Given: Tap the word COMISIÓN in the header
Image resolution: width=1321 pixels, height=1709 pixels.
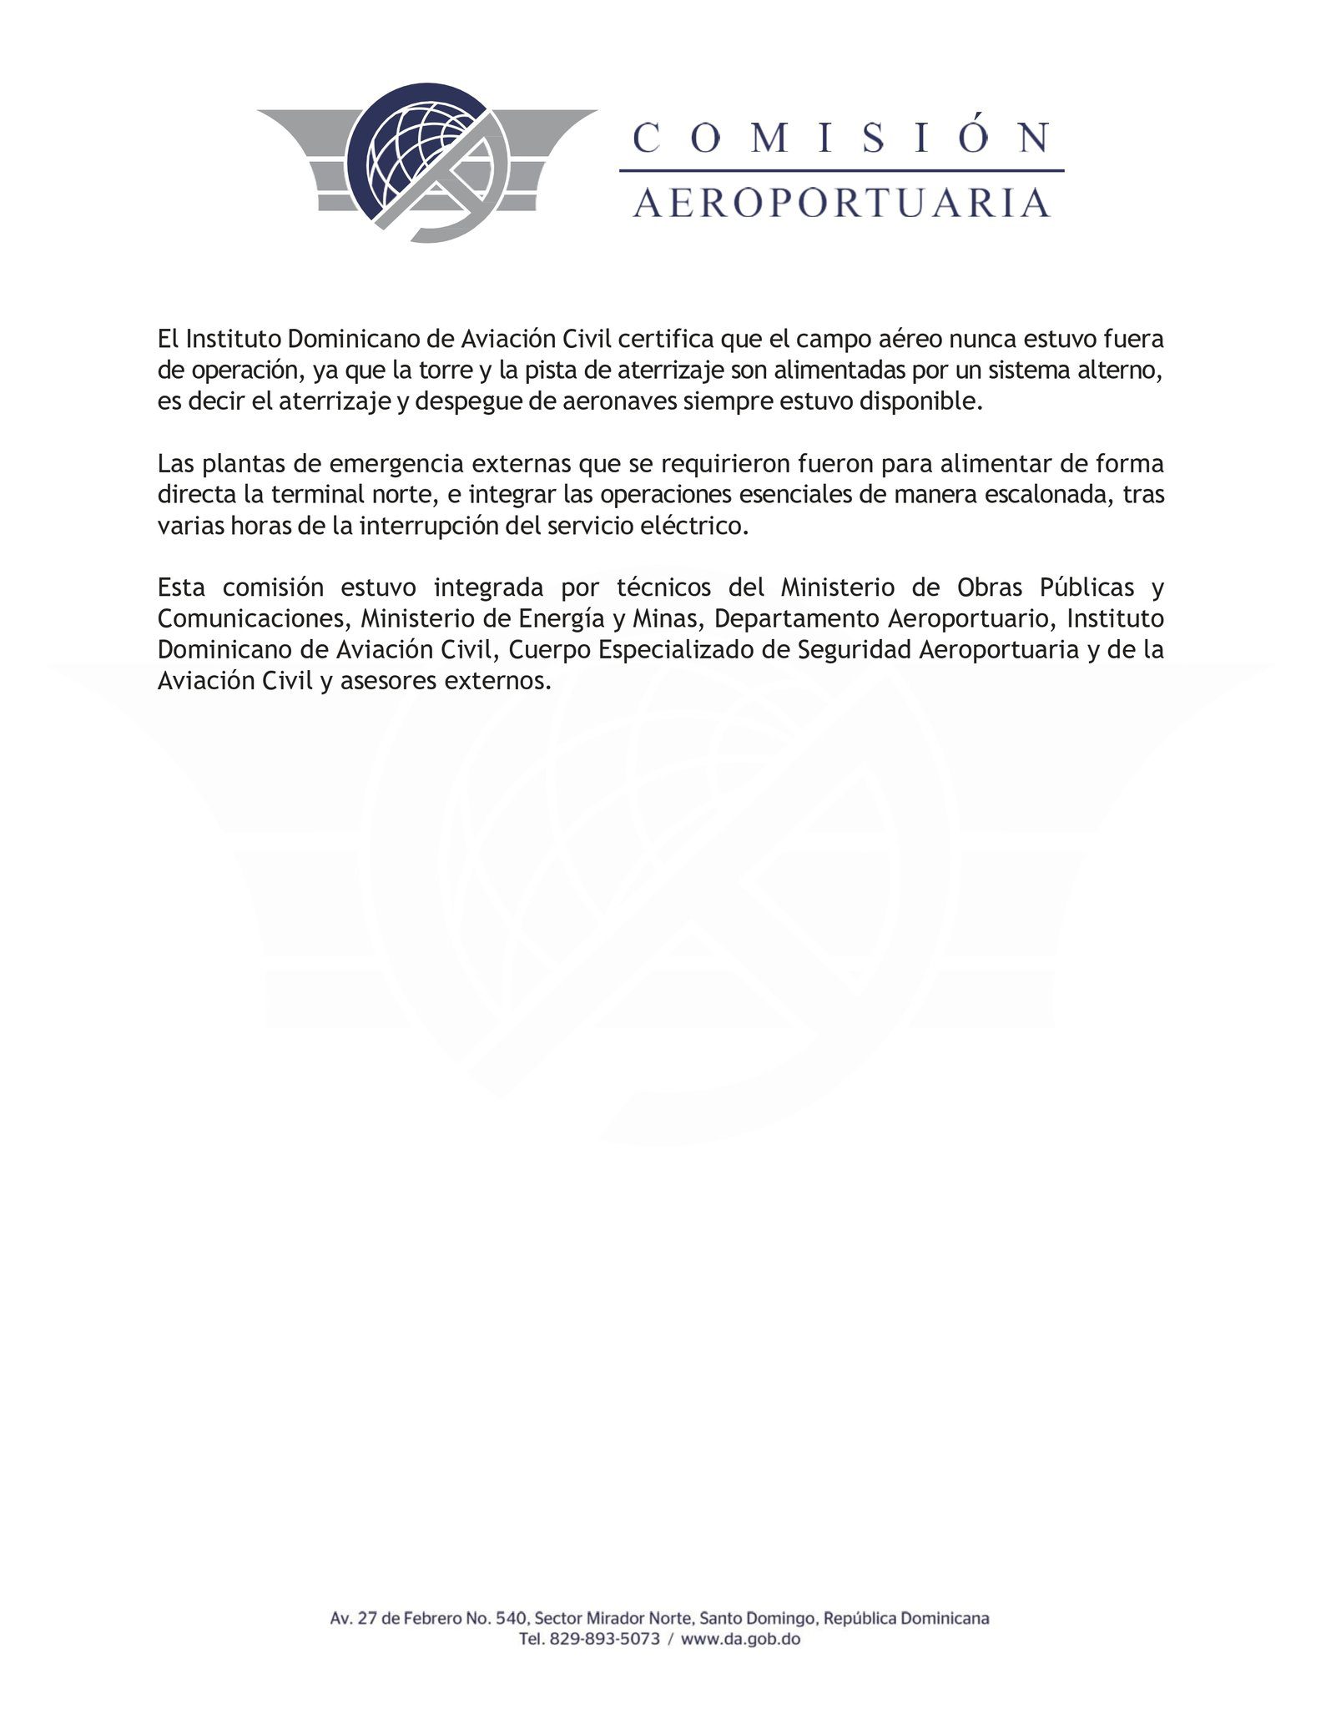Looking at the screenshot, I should pyautogui.click(x=841, y=138).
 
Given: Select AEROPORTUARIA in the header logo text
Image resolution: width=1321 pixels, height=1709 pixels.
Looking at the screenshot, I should pyautogui.click(x=841, y=203).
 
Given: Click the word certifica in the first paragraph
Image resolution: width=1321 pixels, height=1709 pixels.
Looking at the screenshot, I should pyautogui.click(x=655, y=340).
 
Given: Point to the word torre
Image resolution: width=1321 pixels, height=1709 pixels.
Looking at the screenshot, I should pyautogui.click(x=445, y=371).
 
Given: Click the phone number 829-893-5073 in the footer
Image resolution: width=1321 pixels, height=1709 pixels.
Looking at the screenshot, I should pyautogui.click(x=604, y=1639).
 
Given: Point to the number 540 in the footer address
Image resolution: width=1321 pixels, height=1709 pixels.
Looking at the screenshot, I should pyautogui.click(x=509, y=1618).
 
